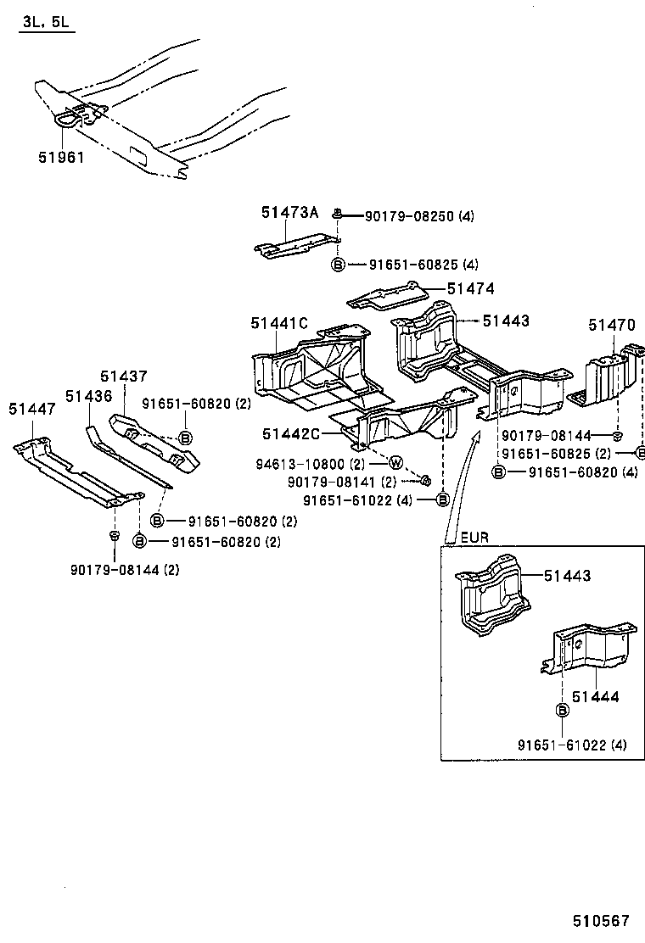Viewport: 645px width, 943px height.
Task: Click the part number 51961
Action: click(61, 157)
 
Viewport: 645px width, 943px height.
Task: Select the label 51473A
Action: click(289, 214)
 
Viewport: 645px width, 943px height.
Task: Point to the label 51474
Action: click(470, 289)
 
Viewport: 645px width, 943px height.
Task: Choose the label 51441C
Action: click(278, 323)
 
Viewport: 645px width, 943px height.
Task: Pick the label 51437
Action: click(123, 377)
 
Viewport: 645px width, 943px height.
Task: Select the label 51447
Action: click(32, 409)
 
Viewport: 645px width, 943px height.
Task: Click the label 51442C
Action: click(290, 434)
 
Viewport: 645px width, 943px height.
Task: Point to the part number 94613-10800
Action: click(297, 464)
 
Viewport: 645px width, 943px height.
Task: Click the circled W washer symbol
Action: click(395, 463)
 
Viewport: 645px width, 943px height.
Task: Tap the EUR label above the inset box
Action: click(474, 538)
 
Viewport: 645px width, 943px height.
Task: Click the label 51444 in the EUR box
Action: click(595, 697)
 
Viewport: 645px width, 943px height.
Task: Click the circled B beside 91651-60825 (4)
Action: click(337, 265)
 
